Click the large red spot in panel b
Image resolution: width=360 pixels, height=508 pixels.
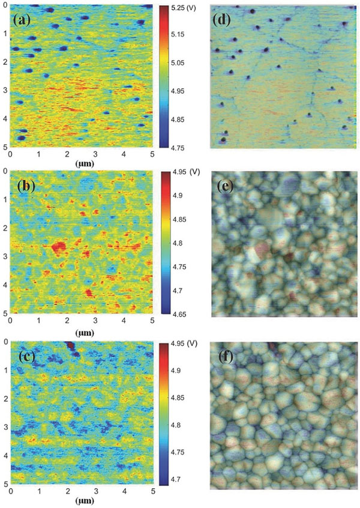coord(59,247)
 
